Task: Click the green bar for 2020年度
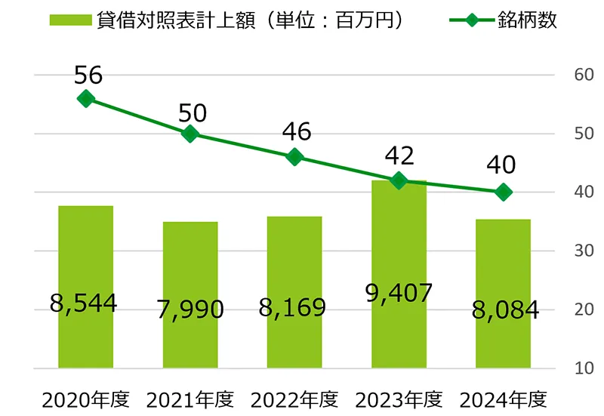click(x=85, y=287)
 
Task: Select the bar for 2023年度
click(x=399, y=276)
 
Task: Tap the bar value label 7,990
click(x=190, y=309)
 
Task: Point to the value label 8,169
click(x=294, y=307)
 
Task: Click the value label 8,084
click(x=504, y=310)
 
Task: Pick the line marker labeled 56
click(x=86, y=99)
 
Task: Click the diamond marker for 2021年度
click(x=190, y=134)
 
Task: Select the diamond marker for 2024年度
click(x=504, y=193)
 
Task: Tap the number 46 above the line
click(x=295, y=131)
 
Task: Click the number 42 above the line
click(x=399, y=156)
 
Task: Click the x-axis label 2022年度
click(x=294, y=399)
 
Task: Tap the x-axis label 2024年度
click(x=504, y=399)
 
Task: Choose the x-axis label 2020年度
click(x=85, y=399)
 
